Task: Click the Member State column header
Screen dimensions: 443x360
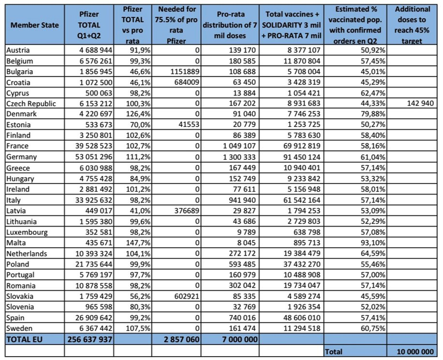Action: (x=34, y=25)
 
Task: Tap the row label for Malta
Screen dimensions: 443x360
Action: (x=16, y=243)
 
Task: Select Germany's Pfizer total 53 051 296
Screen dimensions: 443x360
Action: (x=93, y=157)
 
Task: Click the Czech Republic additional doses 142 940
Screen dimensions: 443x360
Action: (x=420, y=103)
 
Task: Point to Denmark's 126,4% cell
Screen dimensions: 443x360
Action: (x=138, y=114)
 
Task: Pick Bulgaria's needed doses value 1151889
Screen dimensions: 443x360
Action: (x=185, y=72)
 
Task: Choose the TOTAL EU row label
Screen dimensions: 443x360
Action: (x=24, y=339)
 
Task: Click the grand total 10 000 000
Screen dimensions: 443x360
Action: (x=415, y=351)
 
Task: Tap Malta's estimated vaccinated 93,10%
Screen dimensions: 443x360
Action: (x=373, y=243)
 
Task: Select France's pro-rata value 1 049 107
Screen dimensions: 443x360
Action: (x=239, y=146)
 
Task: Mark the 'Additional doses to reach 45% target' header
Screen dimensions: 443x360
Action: (x=412, y=25)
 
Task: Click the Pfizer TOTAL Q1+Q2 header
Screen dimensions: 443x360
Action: (x=89, y=25)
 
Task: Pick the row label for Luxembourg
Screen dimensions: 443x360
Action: (x=27, y=232)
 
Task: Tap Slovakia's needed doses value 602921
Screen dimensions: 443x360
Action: (x=185, y=296)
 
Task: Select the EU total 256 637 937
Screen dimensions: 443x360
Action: (x=90, y=339)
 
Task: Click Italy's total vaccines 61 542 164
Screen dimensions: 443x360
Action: (x=302, y=200)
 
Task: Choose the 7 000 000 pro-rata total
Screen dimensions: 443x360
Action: (x=240, y=339)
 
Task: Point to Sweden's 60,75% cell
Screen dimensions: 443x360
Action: (x=373, y=329)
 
